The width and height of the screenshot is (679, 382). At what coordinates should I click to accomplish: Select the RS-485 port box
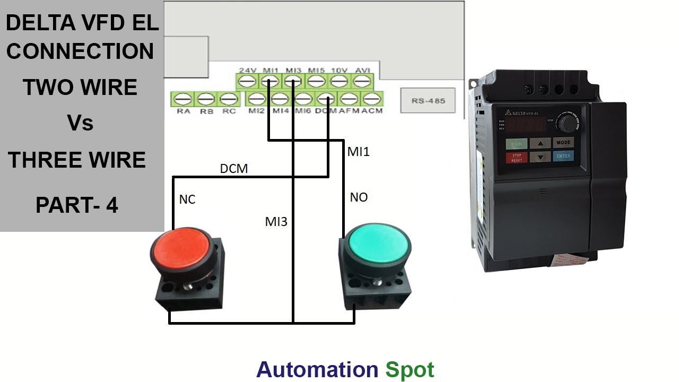pyautogui.click(x=428, y=100)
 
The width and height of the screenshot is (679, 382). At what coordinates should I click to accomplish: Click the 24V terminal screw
pyautogui.click(x=247, y=82)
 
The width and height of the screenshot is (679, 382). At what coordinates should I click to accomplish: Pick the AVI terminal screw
pyautogui.click(x=362, y=82)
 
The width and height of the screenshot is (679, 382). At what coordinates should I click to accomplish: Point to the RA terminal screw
pyautogui.click(x=183, y=99)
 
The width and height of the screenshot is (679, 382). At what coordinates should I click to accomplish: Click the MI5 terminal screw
pyautogui.click(x=317, y=82)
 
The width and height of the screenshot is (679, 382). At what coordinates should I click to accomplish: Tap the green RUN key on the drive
pyautogui.click(x=516, y=144)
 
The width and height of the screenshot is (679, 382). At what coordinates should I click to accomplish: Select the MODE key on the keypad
pyautogui.click(x=563, y=143)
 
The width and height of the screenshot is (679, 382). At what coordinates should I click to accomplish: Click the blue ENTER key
pyautogui.click(x=563, y=156)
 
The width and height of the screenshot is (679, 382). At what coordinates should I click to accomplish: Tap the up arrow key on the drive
pyautogui.click(x=540, y=143)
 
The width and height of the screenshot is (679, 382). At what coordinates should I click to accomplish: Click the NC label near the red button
pyautogui.click(x=187, y=199)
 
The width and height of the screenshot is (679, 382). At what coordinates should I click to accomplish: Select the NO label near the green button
pyautogui.click(x=359, y=197)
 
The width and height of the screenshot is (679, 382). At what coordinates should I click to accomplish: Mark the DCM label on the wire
pyautogui.click(x=234, y=169)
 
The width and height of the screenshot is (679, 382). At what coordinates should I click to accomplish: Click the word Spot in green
pyautogui.click(x=410, y=369)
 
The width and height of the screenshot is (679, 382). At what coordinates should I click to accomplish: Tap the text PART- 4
pyautogui.click(x=77, y=205)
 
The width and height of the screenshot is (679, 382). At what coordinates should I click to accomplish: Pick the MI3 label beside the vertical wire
pyautogui.click(x=276, y=221)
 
